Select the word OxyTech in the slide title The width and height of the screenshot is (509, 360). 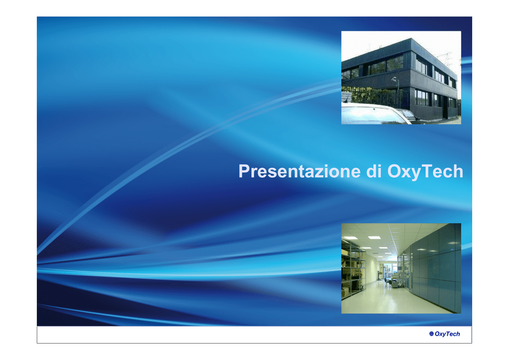425,172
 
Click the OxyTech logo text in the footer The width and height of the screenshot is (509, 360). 447,334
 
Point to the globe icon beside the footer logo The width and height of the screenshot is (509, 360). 431,334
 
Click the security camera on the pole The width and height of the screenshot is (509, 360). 394,79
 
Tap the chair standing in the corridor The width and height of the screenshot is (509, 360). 387,281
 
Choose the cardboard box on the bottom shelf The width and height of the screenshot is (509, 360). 345,291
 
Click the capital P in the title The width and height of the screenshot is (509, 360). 245,171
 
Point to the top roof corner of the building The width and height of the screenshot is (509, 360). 411,39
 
